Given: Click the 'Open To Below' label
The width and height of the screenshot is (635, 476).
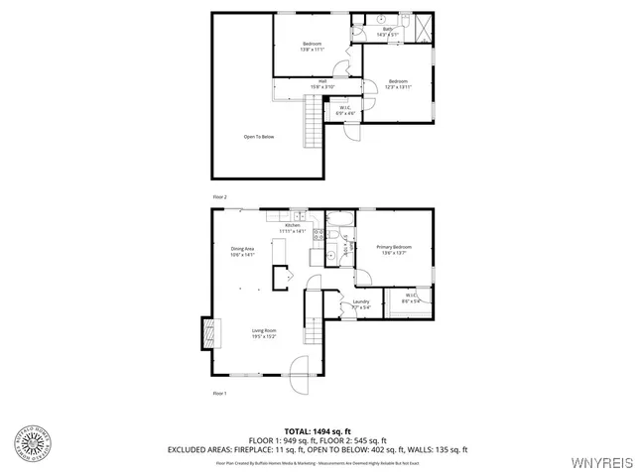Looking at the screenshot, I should tap(259, 137).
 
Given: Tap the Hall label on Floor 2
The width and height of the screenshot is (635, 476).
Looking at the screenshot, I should tap(296, 84).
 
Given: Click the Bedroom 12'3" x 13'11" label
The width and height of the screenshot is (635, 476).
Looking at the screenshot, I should tap(399, 83).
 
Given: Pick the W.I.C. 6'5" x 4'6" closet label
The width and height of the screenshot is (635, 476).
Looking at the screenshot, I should tap(345, 110).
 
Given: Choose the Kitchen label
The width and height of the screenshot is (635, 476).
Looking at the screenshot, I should tap(293, 228).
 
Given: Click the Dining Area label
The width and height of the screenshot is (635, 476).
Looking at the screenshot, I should tap(243, 251).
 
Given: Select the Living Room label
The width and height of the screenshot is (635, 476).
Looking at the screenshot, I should tap(263, 332).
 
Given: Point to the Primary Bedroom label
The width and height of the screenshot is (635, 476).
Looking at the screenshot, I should tap(393, 249).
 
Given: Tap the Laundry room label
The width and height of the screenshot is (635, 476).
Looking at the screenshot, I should tap(361, 303).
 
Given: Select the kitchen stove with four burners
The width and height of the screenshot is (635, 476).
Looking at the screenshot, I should tap(319, 235).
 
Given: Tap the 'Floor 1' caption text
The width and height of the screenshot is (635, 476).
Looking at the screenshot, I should tap(220, 394).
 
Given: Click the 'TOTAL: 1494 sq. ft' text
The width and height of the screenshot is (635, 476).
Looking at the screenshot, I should tap(317, 430).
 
